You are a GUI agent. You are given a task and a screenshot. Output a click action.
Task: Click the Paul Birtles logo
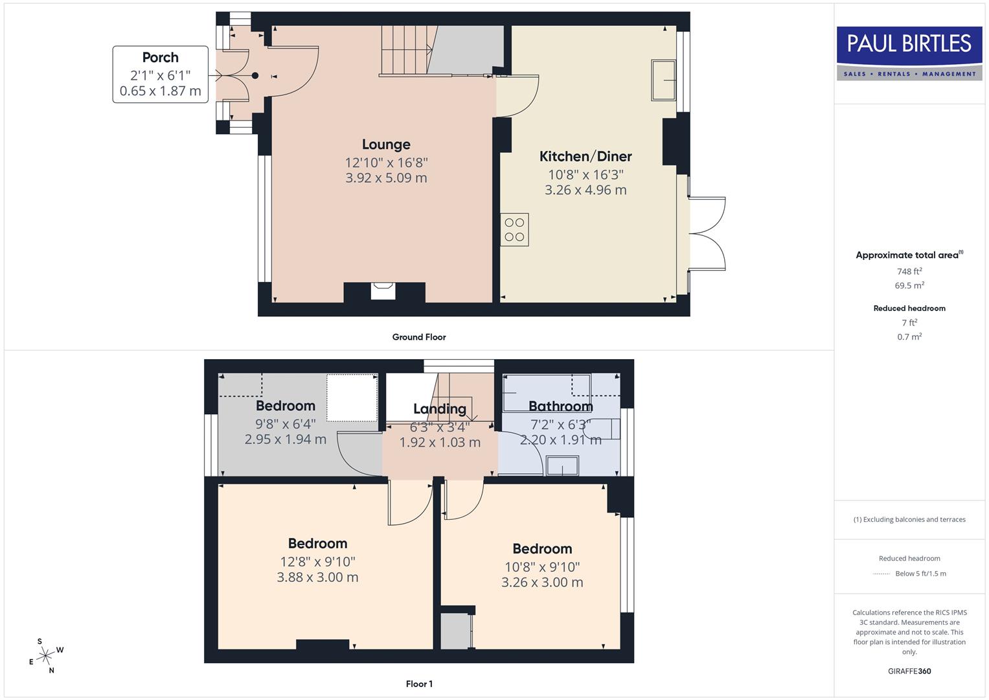click(x=909, y=53)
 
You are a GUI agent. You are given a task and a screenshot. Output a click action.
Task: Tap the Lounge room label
click(x=386, y=145)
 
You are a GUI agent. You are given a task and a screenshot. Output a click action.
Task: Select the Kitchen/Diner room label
click(x=585, y=156)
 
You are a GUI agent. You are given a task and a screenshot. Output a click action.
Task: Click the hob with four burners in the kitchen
click(x=514, y=230)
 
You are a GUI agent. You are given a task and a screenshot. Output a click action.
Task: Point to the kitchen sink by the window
click(x=663, y=80)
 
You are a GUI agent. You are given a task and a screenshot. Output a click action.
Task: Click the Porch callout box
click(x=161, y=74)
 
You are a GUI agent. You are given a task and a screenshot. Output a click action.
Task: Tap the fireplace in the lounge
click(x=383, y=291)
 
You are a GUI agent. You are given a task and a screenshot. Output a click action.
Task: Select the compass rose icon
click(x=45, y=656)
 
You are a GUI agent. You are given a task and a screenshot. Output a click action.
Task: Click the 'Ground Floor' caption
click(x=419, y=337)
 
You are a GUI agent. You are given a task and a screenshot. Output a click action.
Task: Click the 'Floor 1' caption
click(x=419, y=684)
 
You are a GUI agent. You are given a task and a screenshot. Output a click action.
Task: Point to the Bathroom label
click(x=560, y=406)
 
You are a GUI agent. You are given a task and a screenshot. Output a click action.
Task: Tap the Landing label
click(x=440, y=409)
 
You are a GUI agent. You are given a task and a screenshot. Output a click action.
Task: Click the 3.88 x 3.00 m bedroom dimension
click(x=317, y=577)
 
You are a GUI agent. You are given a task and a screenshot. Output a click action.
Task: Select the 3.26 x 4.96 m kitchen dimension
click(x=585, y=190)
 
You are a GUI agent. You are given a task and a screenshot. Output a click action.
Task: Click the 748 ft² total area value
click(x=909, y=272)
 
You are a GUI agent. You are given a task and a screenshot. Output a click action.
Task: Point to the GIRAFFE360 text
click(x=909, y=671)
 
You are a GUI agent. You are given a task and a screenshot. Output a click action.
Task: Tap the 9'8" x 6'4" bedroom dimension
click(x=286, y=424)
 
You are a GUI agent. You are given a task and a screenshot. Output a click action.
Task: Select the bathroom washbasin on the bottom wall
click(x=562, y=465)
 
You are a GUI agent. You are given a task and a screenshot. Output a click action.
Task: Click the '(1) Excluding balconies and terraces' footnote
click(x=909, y=519)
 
